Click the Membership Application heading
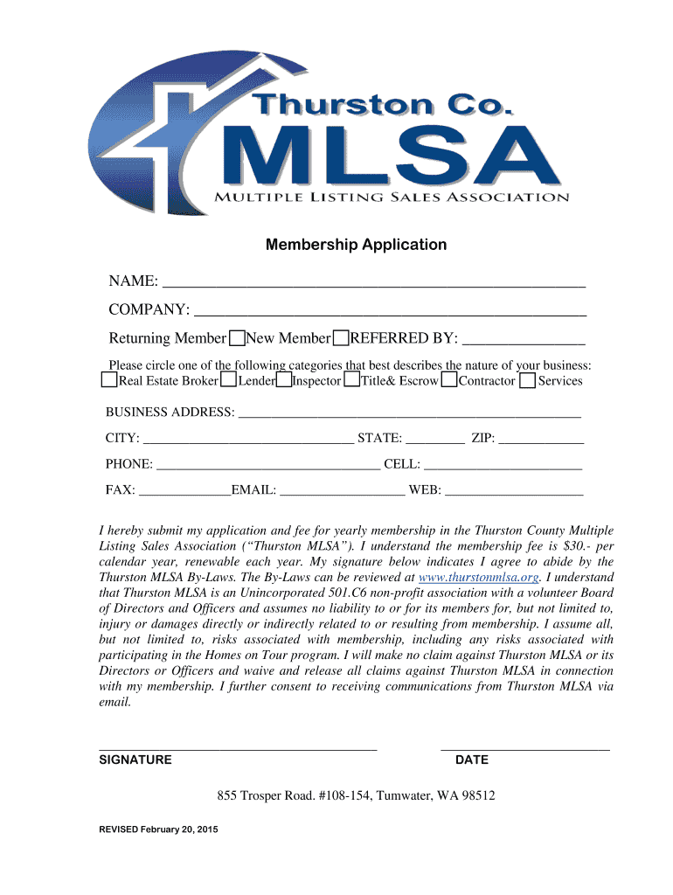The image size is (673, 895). (x=356, y=245)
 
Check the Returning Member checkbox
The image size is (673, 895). (x=236, y=338)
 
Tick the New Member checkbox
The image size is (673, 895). (x=341, y=338)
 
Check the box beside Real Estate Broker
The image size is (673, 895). (x=108, y=380)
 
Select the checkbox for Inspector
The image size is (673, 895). (x=284, y=380)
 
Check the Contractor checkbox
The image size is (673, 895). (x=449, y=380)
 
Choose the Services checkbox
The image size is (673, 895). (x=527, y=380)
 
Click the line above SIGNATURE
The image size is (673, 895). (x=238, y=748)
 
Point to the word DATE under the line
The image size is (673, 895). (x=472, y=760)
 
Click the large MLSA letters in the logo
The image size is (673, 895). (x=389, y=157)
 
